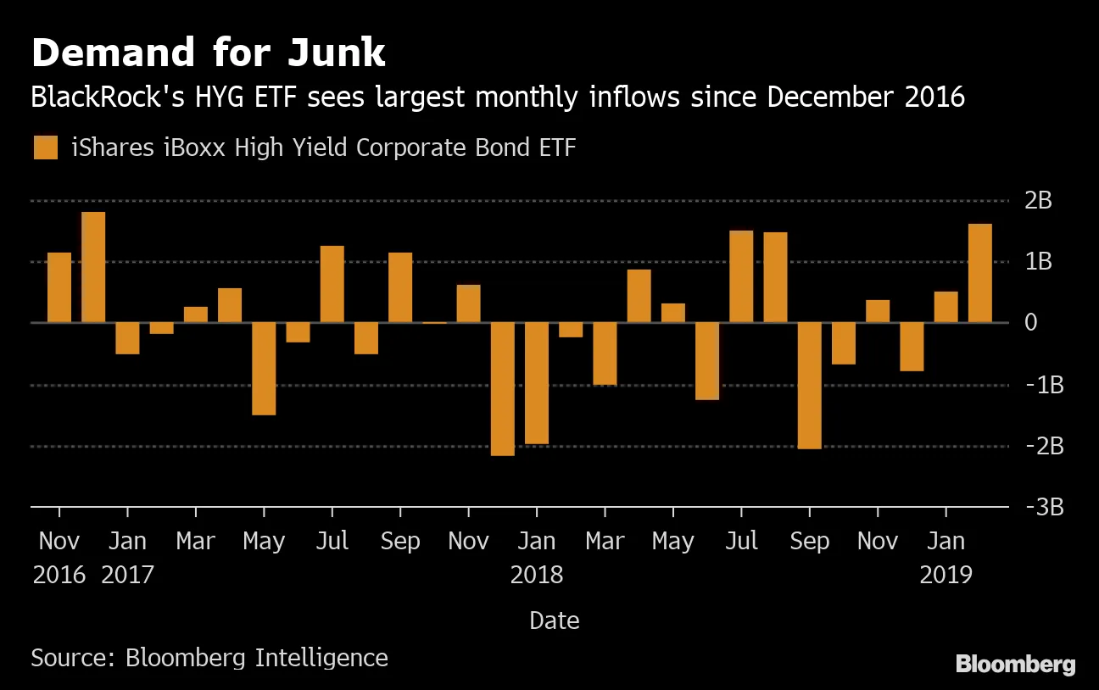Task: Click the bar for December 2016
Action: point(93,267)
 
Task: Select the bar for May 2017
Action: point(264,369)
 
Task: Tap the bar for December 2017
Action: point(503,389)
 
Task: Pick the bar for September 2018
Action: point(810,386)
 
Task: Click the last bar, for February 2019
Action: point(980,273)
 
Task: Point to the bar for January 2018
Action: point(537,383)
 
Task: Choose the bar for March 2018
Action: point(605,354)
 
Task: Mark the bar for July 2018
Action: point(741,276)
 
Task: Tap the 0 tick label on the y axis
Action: point(1031,323)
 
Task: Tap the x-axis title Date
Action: point(554,620)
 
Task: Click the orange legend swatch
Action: point(46,147)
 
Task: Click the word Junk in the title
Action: point(336,53)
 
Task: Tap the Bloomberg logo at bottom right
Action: point(1015,665)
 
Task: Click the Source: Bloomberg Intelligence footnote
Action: point(209,657)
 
